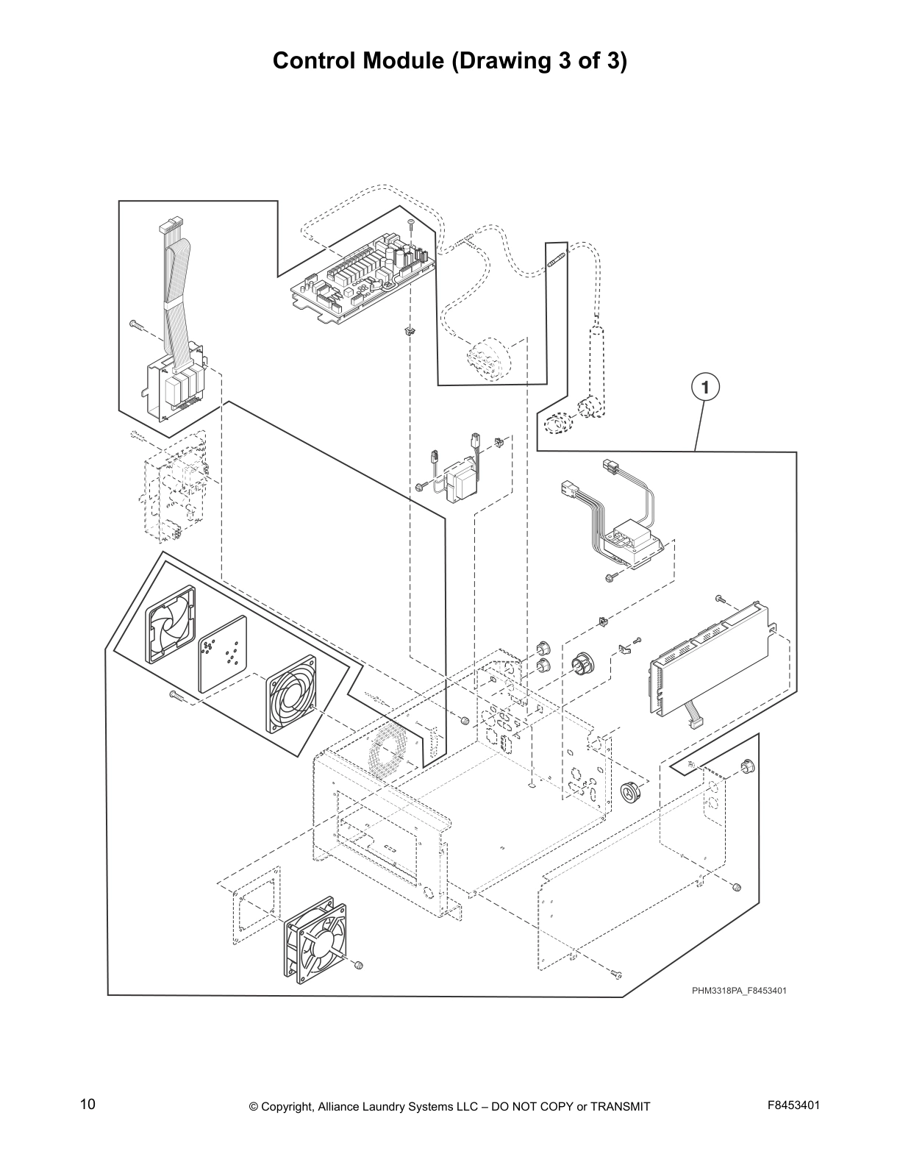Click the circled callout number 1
click(x=704, y=387)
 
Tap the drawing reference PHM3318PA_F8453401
click(x=739, y=991)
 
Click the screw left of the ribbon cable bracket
click(x=137, y=324)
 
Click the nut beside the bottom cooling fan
click(x=358, y=964)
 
